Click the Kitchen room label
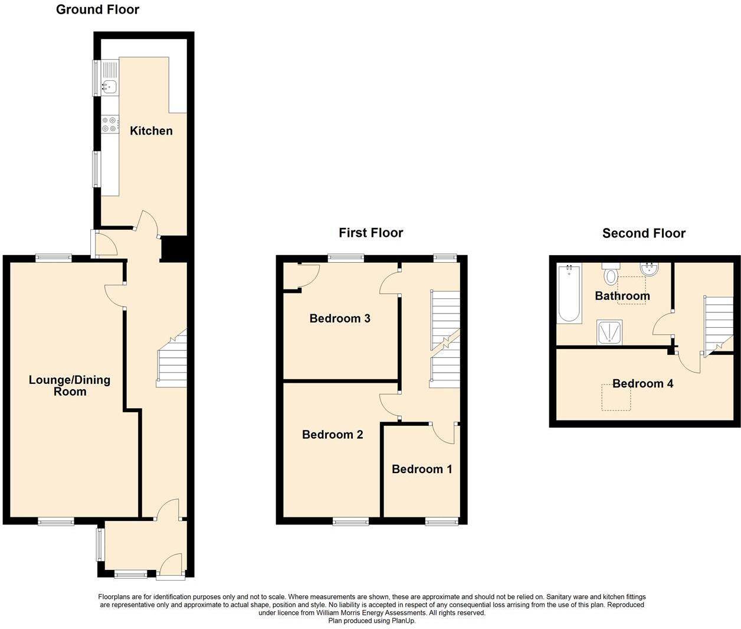(151, 131)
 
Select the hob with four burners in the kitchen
(109, 125)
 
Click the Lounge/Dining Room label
(70, 386)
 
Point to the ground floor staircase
(172, 360)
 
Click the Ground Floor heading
(97, 9)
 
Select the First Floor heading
(370, 233)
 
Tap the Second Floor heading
(644, 233)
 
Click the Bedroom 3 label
(340, 318)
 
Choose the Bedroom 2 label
(332, 435)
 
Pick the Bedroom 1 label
(422, 469)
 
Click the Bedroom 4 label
(642, 383)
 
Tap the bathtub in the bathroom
(569, 293)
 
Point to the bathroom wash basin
(649, 270)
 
